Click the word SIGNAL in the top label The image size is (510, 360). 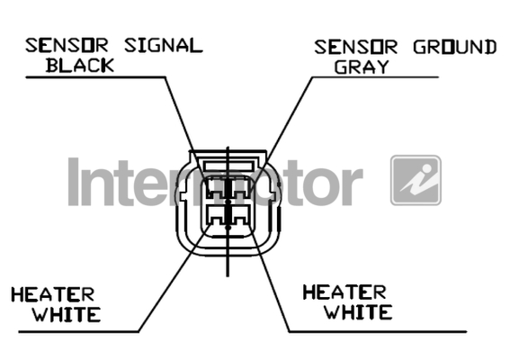point(164,46)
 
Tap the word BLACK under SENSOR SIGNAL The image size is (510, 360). point(80,65)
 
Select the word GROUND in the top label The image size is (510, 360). point(455,47)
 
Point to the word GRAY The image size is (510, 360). point(362,67)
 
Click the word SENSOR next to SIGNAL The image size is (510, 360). point(67,46)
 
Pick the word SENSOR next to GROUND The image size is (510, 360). point(355,47)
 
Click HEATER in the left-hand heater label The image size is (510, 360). point(53,294)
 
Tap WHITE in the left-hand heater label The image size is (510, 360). point(67,314)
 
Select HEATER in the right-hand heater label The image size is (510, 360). point(344,292)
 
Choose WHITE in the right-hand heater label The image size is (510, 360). point(358,311)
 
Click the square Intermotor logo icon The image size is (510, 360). point(416,180)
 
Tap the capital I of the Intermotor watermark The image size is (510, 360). point(74,182)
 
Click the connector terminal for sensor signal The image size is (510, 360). point(215,188)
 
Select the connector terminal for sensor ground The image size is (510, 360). point(241,188)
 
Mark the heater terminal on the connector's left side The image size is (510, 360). point(215,215)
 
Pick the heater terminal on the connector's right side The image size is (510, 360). point(241,215)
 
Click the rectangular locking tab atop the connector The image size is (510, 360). point(228,166)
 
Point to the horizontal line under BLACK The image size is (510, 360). point(95,77)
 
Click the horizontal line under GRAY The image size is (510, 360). point(375,77)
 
